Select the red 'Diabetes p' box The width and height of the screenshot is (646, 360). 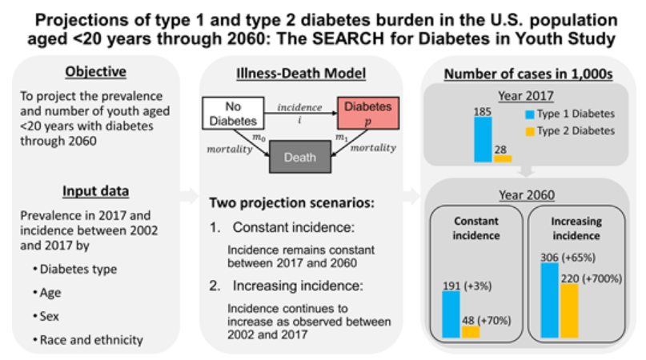[x=369, y=112]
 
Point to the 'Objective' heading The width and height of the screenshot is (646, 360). [x=95, y=71]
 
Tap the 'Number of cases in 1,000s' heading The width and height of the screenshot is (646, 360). [x=529, y=75]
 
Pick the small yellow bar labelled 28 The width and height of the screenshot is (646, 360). [x=503, y=158]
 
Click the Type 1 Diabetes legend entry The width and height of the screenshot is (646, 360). [x=569, y=114]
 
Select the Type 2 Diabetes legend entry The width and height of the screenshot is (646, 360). [x=569, y=130]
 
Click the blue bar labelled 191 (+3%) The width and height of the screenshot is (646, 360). [x=451, y=314]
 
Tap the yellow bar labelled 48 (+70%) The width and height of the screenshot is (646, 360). [x=471, y=331]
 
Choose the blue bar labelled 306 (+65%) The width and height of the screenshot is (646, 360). [x=549, y=299]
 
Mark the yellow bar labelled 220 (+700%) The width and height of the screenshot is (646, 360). [x=568, y=310]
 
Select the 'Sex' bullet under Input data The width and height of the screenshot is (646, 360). [x=50, y=316]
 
